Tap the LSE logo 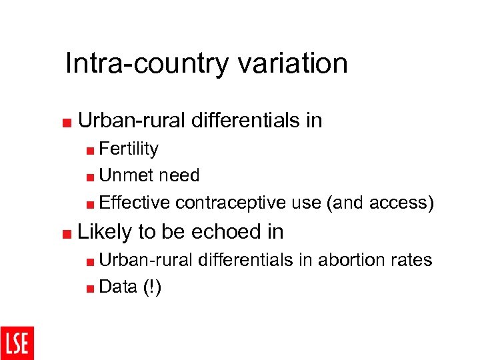click(x=17, y=343)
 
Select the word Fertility click(x=129, y=149)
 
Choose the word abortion click(x=349, y=260)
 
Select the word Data click(x=118, y=287)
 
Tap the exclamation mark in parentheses click(x=151, y=287)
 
